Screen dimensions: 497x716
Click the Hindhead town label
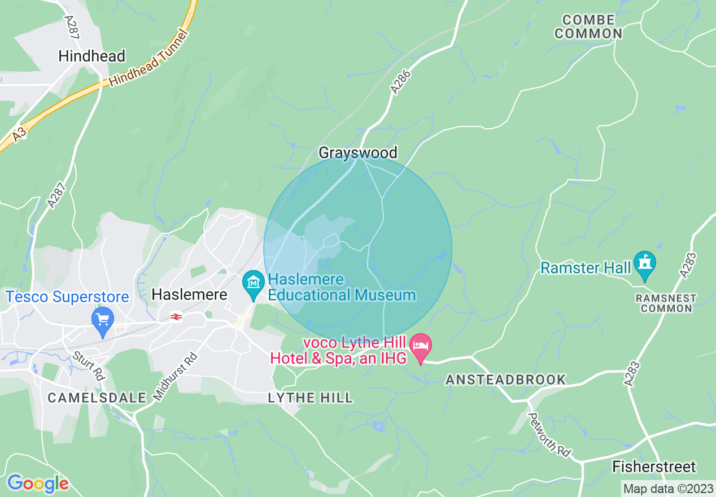91,56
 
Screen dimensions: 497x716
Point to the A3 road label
20,134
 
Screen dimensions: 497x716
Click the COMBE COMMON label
588,27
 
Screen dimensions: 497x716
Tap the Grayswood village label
358,152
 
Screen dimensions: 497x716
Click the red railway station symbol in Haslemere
176,317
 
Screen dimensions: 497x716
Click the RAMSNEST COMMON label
666,303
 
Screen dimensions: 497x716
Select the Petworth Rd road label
549,435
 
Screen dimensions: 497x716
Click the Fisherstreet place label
654,467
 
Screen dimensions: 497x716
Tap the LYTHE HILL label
310,398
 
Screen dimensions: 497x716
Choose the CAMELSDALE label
97,398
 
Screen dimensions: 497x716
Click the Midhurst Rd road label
175,377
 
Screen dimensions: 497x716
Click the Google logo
38,483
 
